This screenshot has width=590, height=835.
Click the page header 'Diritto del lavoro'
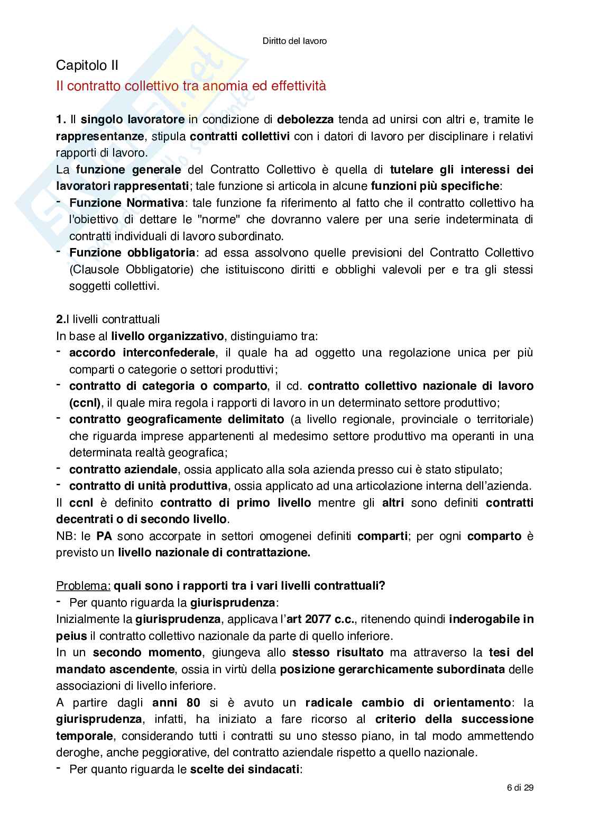point(294,40)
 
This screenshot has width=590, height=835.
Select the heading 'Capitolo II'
point(87,66)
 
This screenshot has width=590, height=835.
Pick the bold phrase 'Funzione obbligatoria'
point(133,253)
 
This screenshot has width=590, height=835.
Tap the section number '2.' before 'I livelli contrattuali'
point(60,319)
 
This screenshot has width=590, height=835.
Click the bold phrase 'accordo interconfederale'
point(142,353)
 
